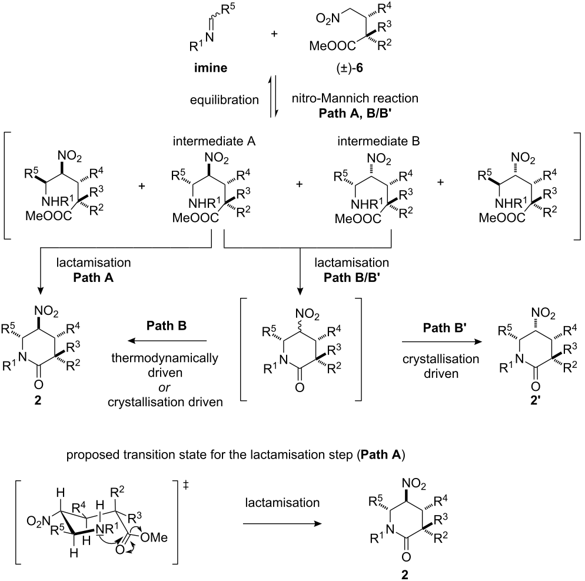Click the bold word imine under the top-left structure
(211, 68)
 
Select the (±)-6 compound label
(350, 68)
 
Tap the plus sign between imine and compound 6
(274, 34)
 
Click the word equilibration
(224, 100)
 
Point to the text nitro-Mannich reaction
(355, 98)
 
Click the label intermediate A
(214, 141)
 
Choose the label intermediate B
(378, 141)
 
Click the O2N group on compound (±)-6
(328, 18)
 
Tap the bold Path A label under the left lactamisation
(93, 278)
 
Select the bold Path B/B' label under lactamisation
(351, 278)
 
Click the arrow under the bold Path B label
(167, 341)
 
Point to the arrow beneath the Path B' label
(442, 341)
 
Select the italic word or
(164, 388)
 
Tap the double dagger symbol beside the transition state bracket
(186, 485)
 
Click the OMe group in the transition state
(154, 537)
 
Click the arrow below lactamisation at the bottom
(282, 524)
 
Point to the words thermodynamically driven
(165, 366)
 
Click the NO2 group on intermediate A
(217, 158)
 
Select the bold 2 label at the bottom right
(405, 575)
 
